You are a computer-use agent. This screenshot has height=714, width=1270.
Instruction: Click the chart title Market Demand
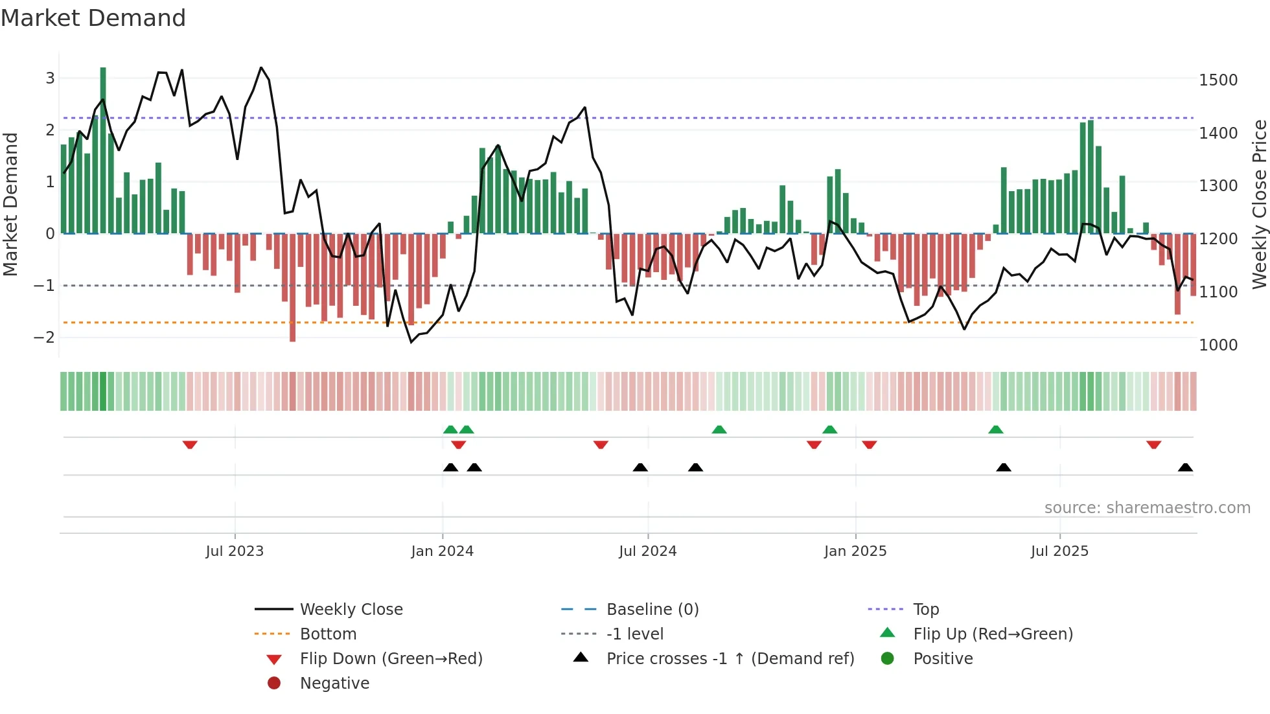[x=93, y=18]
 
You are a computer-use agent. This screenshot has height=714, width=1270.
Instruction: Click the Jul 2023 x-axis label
[x=235, y=551]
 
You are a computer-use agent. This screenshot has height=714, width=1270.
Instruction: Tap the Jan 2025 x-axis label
[x=855, y=551]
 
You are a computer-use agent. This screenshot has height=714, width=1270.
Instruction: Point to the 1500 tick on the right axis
[x=1218, y=80]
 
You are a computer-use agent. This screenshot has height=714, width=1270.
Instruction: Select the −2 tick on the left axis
[x=44, y=337]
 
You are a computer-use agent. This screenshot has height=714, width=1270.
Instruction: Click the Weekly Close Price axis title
[x=1259, y=204]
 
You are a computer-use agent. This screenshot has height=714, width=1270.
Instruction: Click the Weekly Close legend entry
[x=351, y=610]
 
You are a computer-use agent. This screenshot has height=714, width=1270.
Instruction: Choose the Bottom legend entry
[x=328, y=634]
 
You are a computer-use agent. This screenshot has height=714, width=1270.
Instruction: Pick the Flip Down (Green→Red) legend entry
[x=391, y=659]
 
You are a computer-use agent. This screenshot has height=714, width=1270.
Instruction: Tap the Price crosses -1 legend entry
[x=730, y=659]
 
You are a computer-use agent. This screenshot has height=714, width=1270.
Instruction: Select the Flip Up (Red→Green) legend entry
[x=993, y=634]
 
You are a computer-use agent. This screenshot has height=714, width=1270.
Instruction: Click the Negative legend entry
[x=334, y=684]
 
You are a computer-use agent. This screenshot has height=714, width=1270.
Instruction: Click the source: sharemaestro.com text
[x=1147, y=508]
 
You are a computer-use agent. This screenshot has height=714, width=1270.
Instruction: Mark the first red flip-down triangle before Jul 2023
[x=190, y=445]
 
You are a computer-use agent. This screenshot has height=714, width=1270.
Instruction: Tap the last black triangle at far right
[x=1185, y=467]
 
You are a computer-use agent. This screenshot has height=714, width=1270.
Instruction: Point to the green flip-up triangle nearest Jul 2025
[x=996, y=430]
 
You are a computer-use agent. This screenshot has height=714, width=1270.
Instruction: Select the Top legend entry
[x=925, y=610]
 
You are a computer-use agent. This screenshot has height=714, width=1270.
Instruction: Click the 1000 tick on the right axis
[x=1218, y=345]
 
